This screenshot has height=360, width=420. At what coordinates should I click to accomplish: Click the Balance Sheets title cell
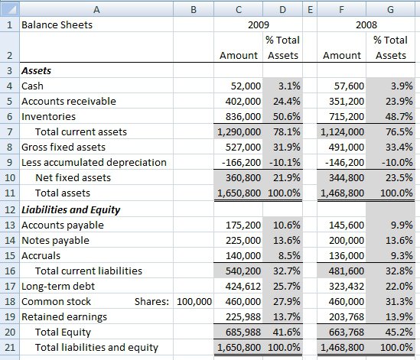tap(57, 24)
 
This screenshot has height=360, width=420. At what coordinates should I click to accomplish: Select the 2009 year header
tap(260, 24)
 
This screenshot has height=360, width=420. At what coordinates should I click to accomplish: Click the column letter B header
tap(193, 8)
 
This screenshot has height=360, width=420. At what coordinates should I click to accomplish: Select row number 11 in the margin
tap(8, 193)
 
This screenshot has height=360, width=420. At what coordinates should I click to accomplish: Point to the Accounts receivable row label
tap(68, 102)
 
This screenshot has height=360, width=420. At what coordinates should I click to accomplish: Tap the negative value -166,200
tap(239, 162)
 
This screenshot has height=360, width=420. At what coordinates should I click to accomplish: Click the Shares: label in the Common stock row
tap(153, 301)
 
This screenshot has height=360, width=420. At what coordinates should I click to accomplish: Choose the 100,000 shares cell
tap(194, 301)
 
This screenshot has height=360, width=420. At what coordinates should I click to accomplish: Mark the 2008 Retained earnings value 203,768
tap(344, 316)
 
